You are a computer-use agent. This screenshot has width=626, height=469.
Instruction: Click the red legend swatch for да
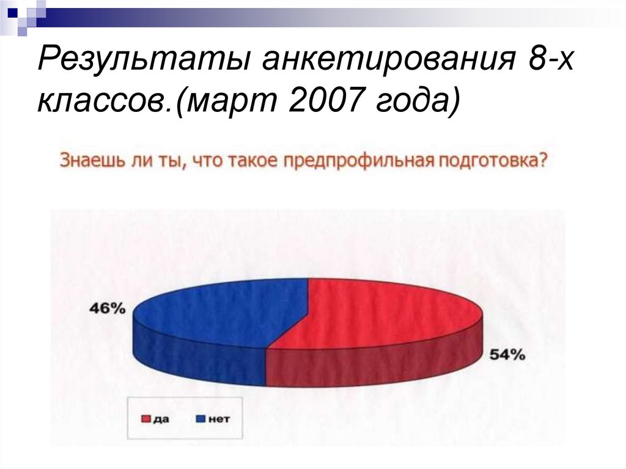[x=145, y=419]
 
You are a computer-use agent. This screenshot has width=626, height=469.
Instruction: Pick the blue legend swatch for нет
[x=199, y=419]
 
